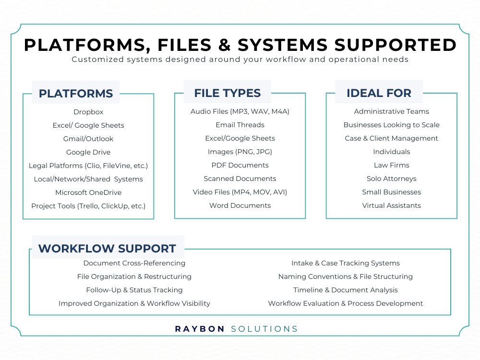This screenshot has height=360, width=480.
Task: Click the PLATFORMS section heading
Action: (76, 94)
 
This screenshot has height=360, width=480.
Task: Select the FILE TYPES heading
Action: (228, 93)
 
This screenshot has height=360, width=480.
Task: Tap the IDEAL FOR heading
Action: (379, 93)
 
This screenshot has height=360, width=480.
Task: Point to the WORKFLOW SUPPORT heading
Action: (107, 248)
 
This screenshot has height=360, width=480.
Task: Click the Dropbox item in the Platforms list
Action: (88, 112)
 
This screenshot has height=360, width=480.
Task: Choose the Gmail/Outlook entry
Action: (88, 139)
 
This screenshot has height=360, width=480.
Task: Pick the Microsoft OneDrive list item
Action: (88, 192)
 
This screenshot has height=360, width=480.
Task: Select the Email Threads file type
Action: (240, 125)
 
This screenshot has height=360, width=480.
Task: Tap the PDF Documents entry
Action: (240, 165)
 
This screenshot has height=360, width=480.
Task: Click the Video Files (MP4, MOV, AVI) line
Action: (240, 192)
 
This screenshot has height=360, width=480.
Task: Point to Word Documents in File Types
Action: (240, 206)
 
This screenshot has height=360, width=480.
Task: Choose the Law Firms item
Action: (392, 165)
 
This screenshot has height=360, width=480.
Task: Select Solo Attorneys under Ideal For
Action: (392, 179)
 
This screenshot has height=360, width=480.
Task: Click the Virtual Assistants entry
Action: (392, 206)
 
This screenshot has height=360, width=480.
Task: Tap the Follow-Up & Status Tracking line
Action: (134, 290)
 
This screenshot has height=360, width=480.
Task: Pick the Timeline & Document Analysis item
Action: (346, 290)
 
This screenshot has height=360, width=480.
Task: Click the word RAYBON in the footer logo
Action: (200, 329)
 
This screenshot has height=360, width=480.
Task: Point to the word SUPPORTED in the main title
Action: (396, 45)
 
